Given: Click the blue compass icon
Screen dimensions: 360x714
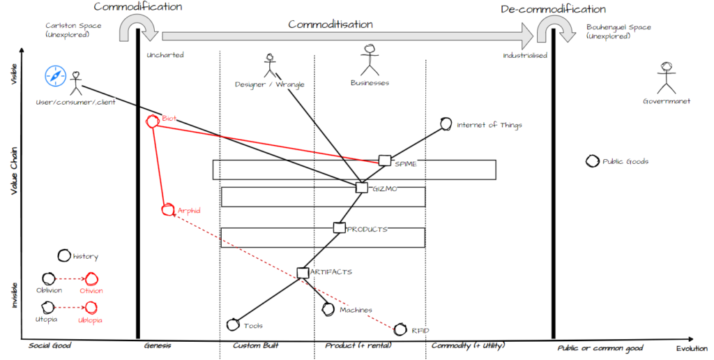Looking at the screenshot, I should pyautogui.click(x=55, y=76).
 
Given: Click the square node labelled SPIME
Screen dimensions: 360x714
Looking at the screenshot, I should pyautogui.click(x=385, y=160).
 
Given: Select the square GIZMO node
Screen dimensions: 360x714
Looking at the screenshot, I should pyautogui.click(x=361, y=187).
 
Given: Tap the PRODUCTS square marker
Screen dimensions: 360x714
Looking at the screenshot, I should pyautogui.click(x=339, y=227).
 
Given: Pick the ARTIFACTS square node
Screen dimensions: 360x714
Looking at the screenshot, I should pyautogui.click(x=303, y=272).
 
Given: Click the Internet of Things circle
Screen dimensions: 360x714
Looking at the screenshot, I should pyautogui.click(x=446, y=124).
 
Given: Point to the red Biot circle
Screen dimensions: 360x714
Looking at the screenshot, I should pyautogui.click(x=153, y=121).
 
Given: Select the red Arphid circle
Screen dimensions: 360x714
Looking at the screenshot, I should pyautogui.click(x=167, y=209).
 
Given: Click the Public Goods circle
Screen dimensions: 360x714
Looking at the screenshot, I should pyautogui.click(x=592, y=161).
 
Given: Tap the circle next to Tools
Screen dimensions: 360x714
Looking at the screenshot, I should pyautogui.click(x=234, y=324).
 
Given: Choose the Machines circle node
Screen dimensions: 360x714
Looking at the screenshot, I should pyautogui.click(x=328, y=308).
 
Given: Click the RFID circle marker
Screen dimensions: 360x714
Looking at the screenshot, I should pyautogui.click(x=400, y=329).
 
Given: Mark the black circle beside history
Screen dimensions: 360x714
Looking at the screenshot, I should pyautogui.click(x=64, y=257).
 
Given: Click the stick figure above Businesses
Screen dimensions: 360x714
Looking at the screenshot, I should pyautogui.click(x=370, y=60).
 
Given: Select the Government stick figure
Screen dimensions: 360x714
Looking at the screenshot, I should pyautogui.click(x=667, y=77).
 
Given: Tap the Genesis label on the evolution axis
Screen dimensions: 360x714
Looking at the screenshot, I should pyautogui.click(x=158, y=346).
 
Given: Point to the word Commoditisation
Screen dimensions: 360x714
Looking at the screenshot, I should pyautogui.click(x=331, y=24).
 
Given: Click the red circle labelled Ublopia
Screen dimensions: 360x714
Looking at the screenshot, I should pyautogui.click(x=91, y=307).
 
